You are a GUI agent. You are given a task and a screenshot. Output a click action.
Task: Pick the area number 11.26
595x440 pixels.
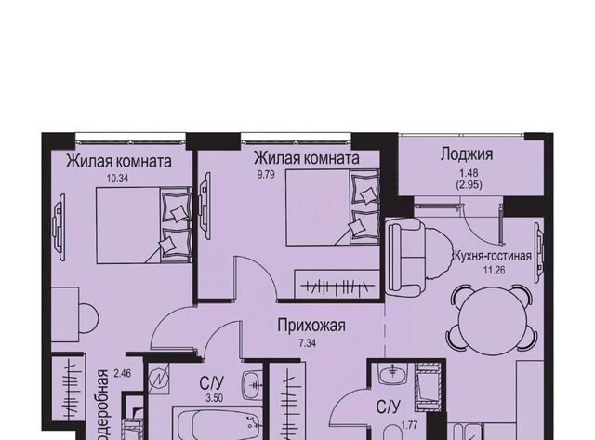point(492,273)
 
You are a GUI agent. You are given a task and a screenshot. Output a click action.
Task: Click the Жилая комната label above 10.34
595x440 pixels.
point(118,160)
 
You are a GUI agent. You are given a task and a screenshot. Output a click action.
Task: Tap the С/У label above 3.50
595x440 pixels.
point(211,380)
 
